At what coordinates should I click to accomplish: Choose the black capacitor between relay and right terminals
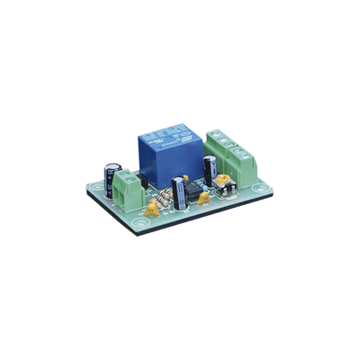209,168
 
